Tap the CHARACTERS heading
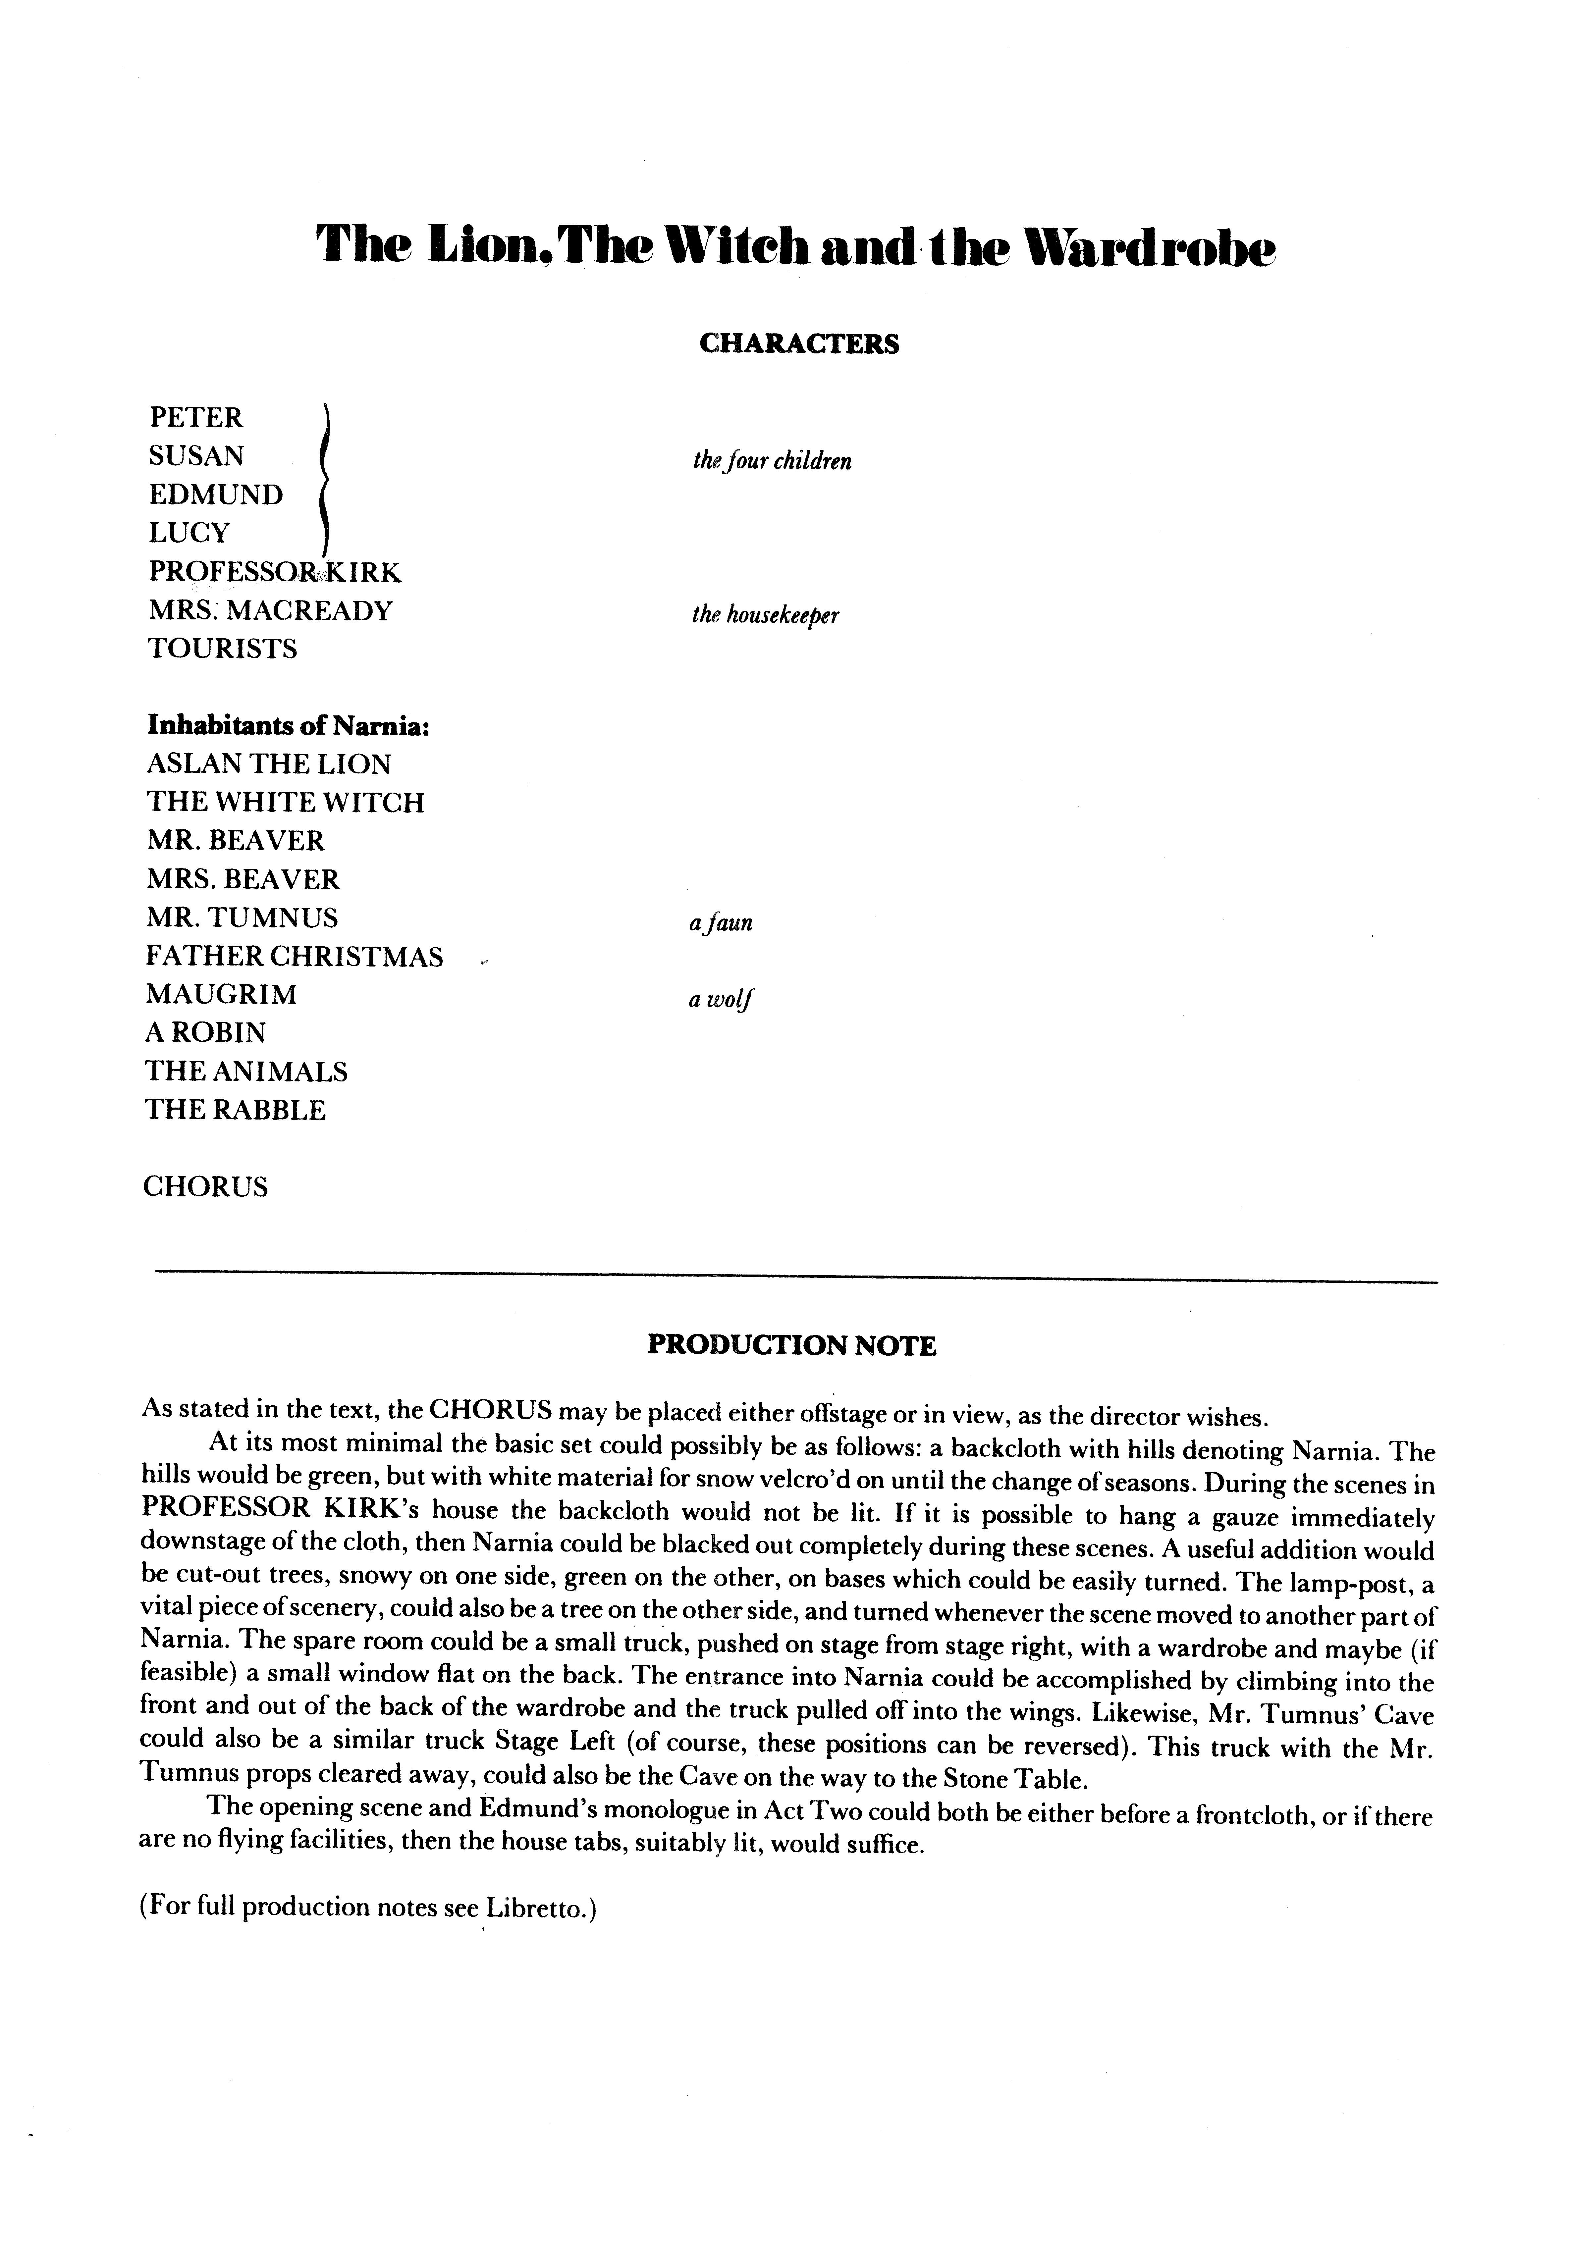pyautogui.click(x=799, y=344)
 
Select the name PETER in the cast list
pyautogui.click(x=196, y=418)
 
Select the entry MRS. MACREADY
pyautogui.click(x=270, y=611)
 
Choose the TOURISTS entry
pyautogui.click(x=222, y=649)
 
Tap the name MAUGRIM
pyautogui.click(x=221, y=994)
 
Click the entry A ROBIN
pyautogui.click(x=205, y=1032)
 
